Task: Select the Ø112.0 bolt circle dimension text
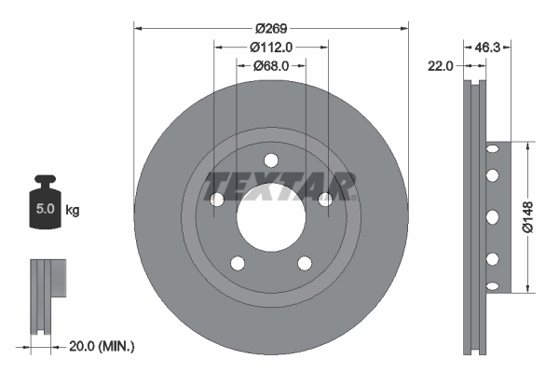pyautogui.click(x=271, y=46)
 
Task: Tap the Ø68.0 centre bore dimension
pyautogui.click(x=271, y=65)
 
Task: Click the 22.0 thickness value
pyautogui.click(x=441, y=65)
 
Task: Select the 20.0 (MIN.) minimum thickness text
pyautogui.click(x=102, y=346)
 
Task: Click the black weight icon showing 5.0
pyautogui.click(x=45, y=206)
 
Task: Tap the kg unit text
pyautogui.click(x=73, y=211)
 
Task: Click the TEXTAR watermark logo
pyautogui.click(x=280, y=186)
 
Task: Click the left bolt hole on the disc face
pyautogui.click(x=217, y=199)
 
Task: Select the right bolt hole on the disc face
pyautogui.click(x=325, y=199)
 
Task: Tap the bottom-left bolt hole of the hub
pyautogui.click(x=238, y=262)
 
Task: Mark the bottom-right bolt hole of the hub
pyautogui.click(x=305, y=262)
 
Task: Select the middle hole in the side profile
pyautogui.click(x=490, y=216)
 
